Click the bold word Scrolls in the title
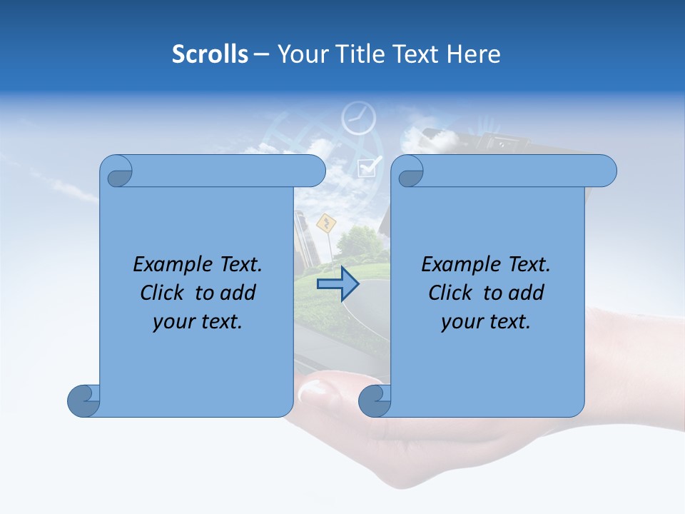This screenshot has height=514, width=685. coord(210,54)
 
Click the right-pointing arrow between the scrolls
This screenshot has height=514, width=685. coord(338,284)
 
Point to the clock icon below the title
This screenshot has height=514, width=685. coord(358,119)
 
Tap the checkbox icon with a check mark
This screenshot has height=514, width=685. coord(369,167)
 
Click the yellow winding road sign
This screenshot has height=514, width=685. coord(326,223)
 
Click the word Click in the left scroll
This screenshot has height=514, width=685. coord(162,293)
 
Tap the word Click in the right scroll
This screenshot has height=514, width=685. coord(450,293)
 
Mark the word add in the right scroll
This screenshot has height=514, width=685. coord(526,293)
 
